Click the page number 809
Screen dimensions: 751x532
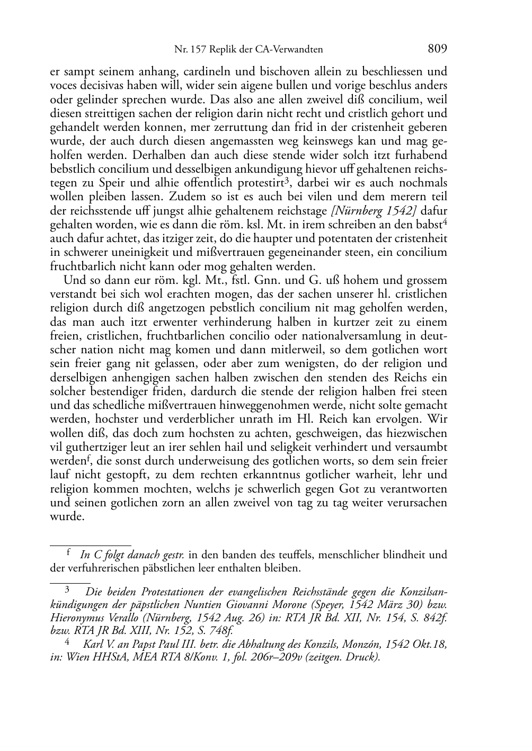[437, 49]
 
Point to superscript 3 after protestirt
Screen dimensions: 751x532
[286, 181]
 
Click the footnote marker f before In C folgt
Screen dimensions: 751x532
[68, 553]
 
